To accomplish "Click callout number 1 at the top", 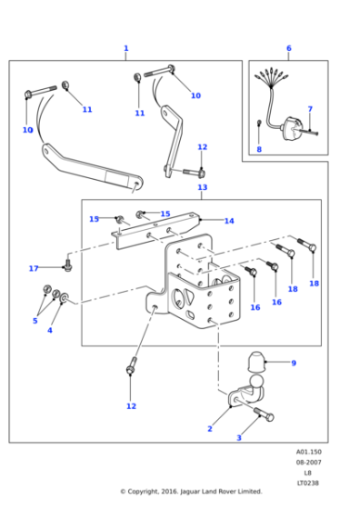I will pos(125,48).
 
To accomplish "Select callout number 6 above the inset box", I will pos(288,48).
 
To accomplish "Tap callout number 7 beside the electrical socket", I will pos(309,109).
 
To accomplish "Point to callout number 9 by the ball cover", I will pos(293,363).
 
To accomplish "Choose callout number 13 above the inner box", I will pos(202,187).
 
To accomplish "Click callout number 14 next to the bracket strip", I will pos(229,221).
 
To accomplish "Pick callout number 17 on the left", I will pos(34,268).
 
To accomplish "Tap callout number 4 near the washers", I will pos(50,330).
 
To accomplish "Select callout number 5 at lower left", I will pos(35,320).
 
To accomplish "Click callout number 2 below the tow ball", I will pos(209,428).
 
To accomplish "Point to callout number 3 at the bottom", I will pos(239,438).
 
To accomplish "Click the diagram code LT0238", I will pos(307,483).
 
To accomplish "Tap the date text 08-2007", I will pos(307,463).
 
